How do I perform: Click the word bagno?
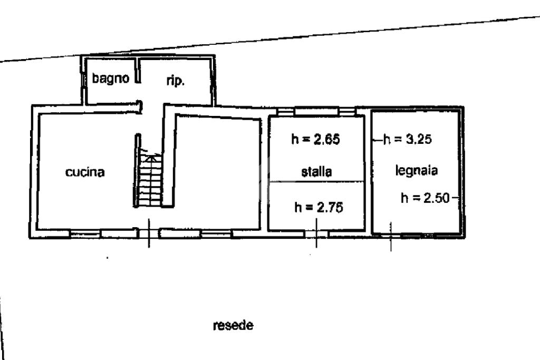111,79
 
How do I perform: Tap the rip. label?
175,81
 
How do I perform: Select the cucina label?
85,172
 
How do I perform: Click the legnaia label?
417,170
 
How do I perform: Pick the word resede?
233,326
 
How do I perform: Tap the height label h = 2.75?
319,207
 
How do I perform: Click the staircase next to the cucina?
150,179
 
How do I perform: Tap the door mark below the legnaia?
390,236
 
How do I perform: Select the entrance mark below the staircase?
149,233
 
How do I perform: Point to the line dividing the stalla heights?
316,182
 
